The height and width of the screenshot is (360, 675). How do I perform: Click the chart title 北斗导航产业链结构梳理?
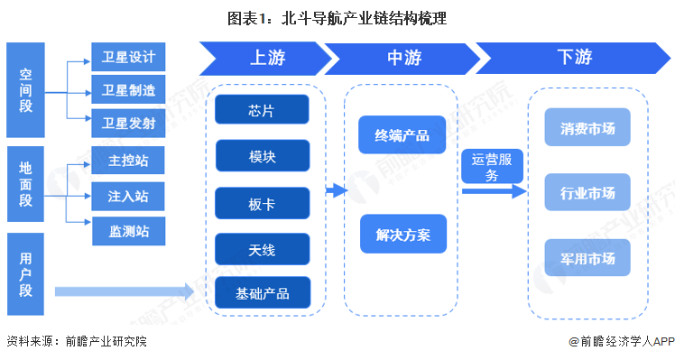click(337, 17)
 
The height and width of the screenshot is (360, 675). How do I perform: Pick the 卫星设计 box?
click(128, 58)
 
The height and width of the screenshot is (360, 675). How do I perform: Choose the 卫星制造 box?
click(128, 89)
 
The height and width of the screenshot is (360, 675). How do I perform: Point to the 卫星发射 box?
click(128, 122)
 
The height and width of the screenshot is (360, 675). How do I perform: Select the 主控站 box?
click(128, 163)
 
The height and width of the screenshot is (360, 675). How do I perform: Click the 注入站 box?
click(128, 195)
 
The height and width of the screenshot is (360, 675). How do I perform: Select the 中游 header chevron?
click(404, 58)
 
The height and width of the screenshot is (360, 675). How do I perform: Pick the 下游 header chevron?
click(569, 58)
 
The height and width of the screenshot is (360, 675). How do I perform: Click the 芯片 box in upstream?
click(262, 111)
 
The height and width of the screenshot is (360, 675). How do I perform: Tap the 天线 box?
click(262, 248)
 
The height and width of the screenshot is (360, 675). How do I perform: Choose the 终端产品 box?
click(402, 136)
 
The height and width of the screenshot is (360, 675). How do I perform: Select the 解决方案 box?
click(402, 235)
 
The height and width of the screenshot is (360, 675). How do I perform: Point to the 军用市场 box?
click(587, 258)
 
